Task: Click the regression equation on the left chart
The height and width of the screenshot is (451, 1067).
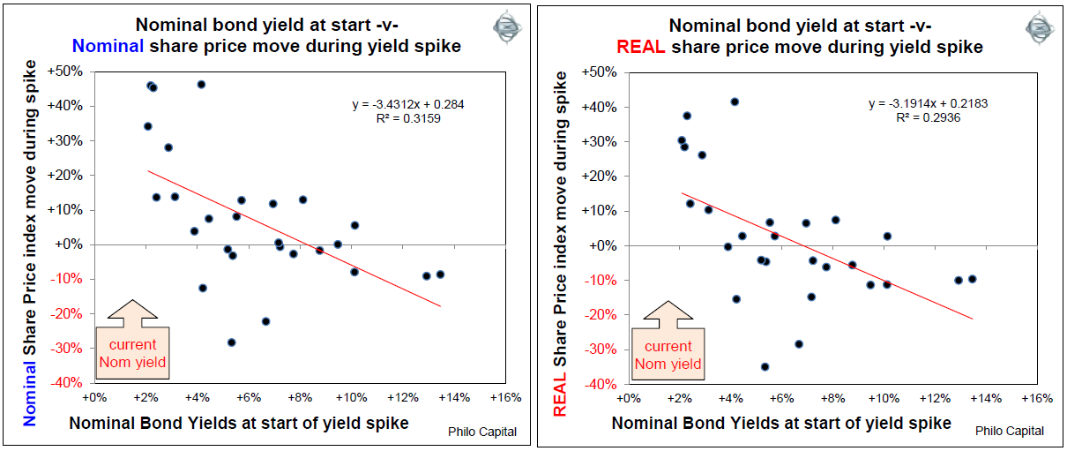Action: coord(407,104)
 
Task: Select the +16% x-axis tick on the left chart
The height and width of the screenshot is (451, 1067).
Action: coord(505,398)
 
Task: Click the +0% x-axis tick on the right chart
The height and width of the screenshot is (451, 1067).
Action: coord(630,399)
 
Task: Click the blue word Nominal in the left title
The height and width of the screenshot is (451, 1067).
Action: coord(105,46)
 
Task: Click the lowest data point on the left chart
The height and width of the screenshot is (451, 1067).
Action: coord(232,342)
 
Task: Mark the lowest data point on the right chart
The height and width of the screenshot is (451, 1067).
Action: coord(765,366)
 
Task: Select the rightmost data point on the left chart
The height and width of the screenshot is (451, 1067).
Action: coord(440,274)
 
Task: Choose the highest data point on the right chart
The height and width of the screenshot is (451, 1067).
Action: coord(735,101)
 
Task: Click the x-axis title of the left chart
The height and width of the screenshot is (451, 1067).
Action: coord(238,424)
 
